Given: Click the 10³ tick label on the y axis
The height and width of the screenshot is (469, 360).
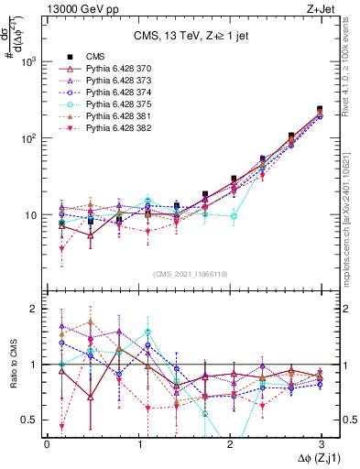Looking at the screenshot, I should click(x=29, y=62).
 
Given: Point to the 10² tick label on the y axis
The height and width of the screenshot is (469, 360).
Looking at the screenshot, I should click(x=29, y=138).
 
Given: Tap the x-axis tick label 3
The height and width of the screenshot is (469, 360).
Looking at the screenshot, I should click(x=321, y=444).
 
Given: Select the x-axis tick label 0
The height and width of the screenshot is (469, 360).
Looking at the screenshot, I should click(x=47, y=444).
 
